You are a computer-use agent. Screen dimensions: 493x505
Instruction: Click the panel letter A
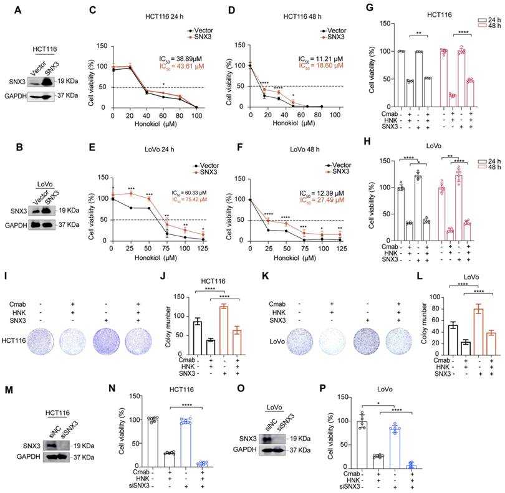click(x=19, y=9)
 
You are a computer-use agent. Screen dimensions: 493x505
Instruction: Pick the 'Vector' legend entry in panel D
click(x=335, y=29)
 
